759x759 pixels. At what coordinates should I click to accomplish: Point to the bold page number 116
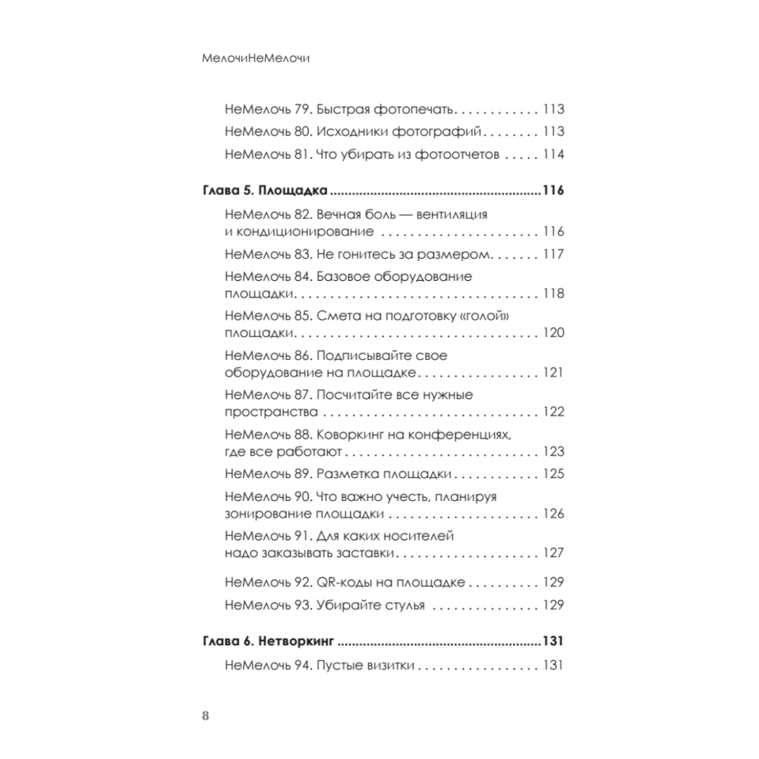pyautogui.click(x=552, y=190)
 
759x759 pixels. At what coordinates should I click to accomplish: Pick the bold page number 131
pyautogui.click(x=552, y=641)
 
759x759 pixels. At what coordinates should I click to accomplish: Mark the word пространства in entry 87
pyautogui.click(x=270, y=412)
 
